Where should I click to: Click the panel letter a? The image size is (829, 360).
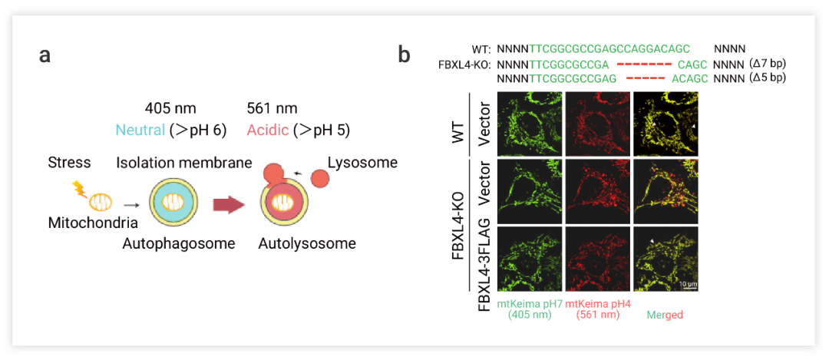click(x=46, y=56)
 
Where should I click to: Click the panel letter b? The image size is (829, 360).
click(x=404, y=55)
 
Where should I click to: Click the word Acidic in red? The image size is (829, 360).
click(x=268, y=130)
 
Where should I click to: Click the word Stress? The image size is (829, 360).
click(x=69, y=163)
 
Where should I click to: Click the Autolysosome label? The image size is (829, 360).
click(x=307, y=244)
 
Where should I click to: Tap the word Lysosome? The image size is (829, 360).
click(x=362, y=163)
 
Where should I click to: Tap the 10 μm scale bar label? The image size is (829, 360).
click(x=687, y=285)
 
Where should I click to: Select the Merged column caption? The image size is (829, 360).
click(x=665, y=315)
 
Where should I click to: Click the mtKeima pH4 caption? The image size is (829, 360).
click(x=597, y=304)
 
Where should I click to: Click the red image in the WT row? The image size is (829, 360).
click(x=597, y=123)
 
